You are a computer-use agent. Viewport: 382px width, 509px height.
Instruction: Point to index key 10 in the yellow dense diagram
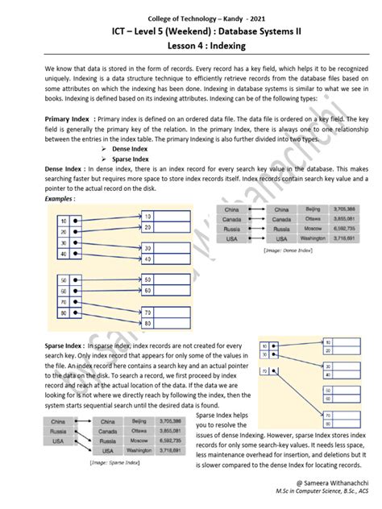63,220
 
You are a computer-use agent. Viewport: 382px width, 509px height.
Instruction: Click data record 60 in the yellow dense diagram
147,289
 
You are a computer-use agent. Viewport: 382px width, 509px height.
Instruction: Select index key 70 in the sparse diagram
265,371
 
